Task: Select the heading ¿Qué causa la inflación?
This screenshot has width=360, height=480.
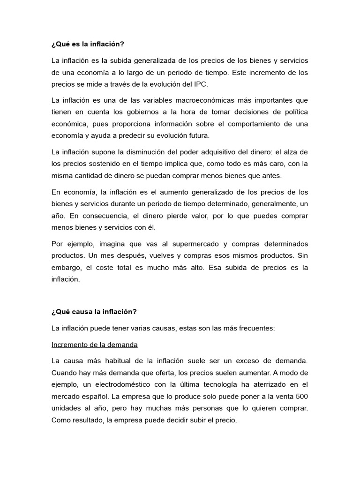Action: pos(93,311)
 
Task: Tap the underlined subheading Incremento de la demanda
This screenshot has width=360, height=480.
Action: pos(94,345)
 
